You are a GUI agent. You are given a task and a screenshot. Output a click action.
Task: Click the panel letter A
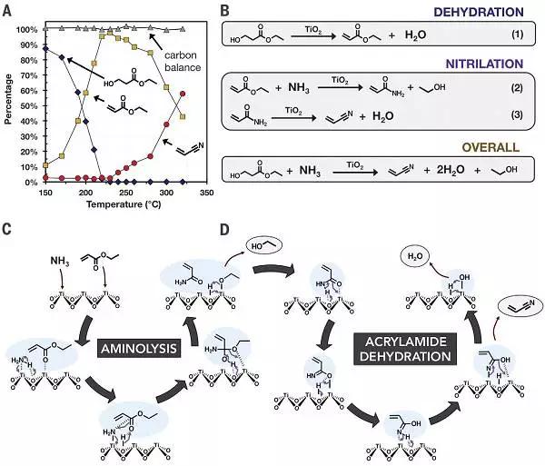point(7,9)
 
